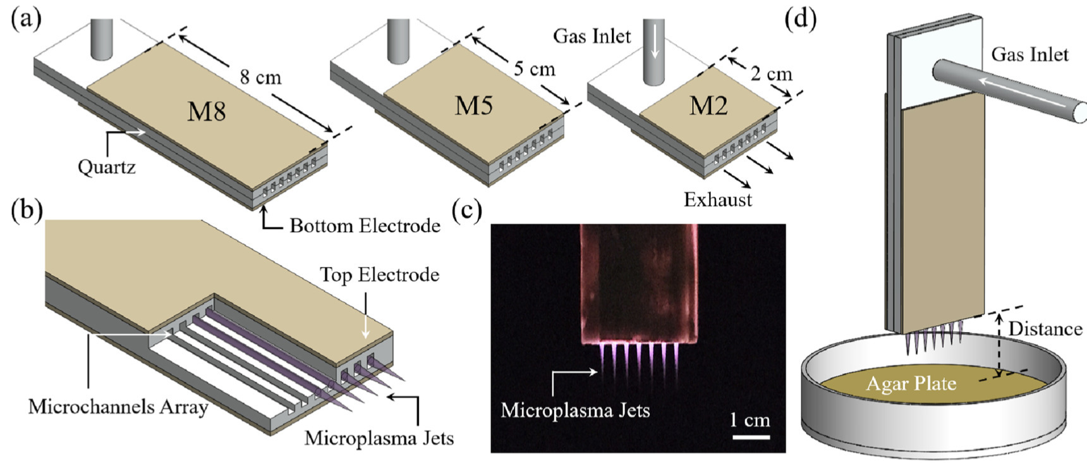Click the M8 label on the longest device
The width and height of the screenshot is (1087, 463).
[207, 112]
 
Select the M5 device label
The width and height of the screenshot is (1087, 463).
[473, 106]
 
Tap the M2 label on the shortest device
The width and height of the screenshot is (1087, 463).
[708, 106]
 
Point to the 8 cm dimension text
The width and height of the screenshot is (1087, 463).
[260, 77]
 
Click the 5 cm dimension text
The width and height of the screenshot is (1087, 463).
[534, 68]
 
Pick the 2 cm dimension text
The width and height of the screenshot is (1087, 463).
[771, 74]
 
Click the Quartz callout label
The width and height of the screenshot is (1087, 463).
[106, 167]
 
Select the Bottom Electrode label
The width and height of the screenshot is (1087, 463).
[365, 226]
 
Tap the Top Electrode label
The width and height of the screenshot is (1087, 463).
[379, 275]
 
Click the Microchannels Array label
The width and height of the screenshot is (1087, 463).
[118, 407]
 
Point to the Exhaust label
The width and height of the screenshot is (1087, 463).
[718, 200]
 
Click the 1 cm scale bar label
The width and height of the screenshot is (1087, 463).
[750, 419]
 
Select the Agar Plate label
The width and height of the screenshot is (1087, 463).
[911, 383]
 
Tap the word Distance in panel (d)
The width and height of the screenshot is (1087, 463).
[1045, 329]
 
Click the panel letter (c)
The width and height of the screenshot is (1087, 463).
[467, 210]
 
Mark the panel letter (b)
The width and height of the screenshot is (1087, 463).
[27, 210]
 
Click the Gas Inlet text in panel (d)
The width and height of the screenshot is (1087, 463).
[1029, 54]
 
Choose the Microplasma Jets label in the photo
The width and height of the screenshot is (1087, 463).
[575, 411]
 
